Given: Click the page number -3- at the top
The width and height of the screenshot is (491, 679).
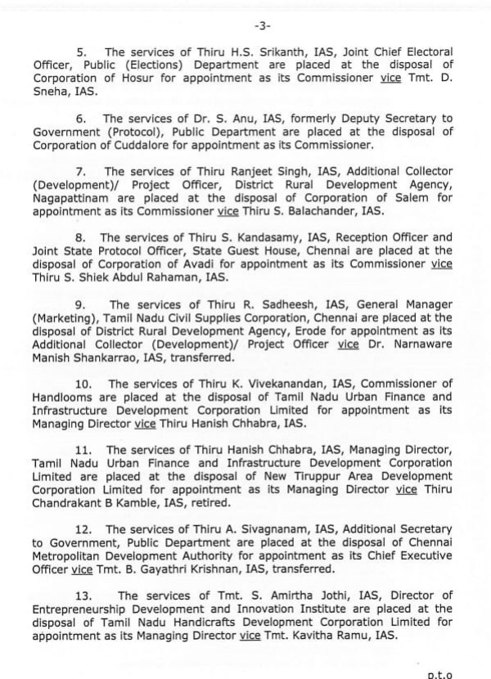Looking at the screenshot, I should click(x=245, y=10).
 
